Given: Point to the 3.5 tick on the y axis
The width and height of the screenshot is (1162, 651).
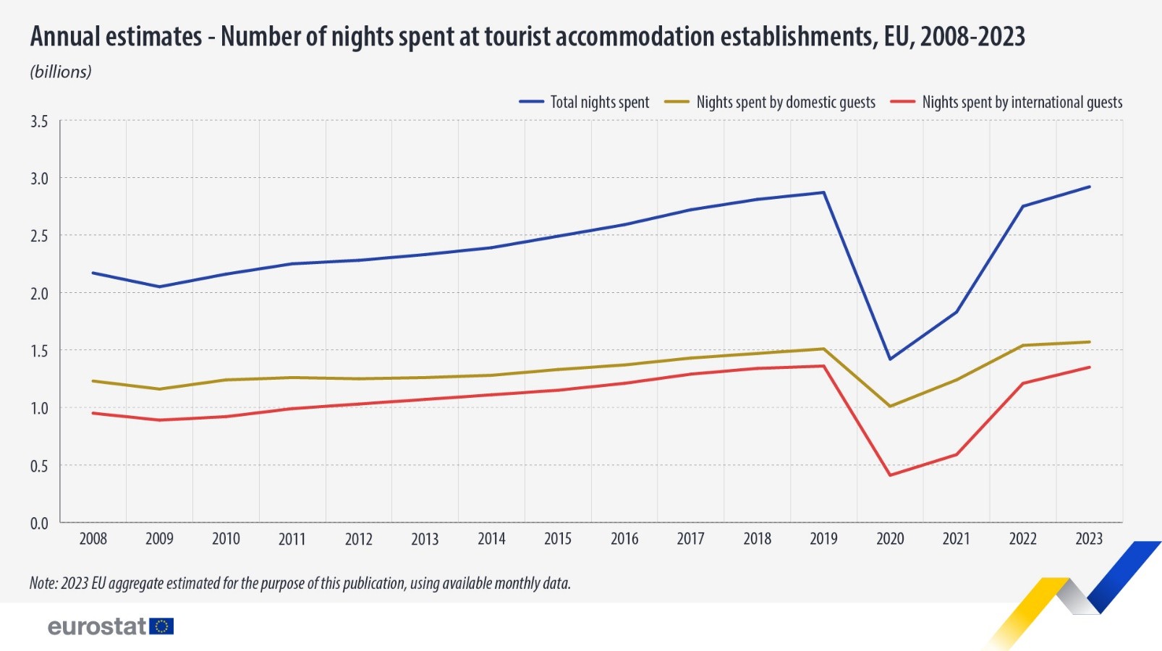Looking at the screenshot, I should coord(39,122).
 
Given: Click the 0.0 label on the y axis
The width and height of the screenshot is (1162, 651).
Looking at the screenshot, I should coord(39,523).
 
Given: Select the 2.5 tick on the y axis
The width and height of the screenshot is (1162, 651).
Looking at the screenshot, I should coord(39,236).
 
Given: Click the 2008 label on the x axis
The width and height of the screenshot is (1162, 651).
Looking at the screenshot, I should coord(93,539).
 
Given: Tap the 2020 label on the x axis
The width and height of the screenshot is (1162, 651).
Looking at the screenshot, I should coord(890,539).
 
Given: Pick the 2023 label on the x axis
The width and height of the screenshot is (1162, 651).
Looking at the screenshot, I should coord(1089,539).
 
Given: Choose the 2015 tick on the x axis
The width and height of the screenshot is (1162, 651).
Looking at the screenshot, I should coord(558,539).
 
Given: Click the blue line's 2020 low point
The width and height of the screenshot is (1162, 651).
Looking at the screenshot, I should coord(890,359).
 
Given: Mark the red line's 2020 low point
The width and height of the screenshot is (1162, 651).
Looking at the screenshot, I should coord(890,475).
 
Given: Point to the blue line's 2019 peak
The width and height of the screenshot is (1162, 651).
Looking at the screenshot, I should coord(823,192).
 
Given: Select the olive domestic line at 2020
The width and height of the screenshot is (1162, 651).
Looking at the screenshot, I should coord(890,407).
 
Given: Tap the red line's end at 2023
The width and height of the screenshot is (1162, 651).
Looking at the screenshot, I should coord(1090,367).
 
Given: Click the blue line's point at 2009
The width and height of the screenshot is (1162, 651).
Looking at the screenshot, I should coord(159,286).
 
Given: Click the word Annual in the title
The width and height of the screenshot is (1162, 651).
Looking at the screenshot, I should coord(64,37).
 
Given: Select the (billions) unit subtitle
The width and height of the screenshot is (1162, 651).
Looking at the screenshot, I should coord(61,72).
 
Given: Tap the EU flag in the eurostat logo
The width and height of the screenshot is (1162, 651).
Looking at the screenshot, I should coord(161,626).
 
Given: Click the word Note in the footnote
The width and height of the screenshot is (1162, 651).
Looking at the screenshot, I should coord(42,583).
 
